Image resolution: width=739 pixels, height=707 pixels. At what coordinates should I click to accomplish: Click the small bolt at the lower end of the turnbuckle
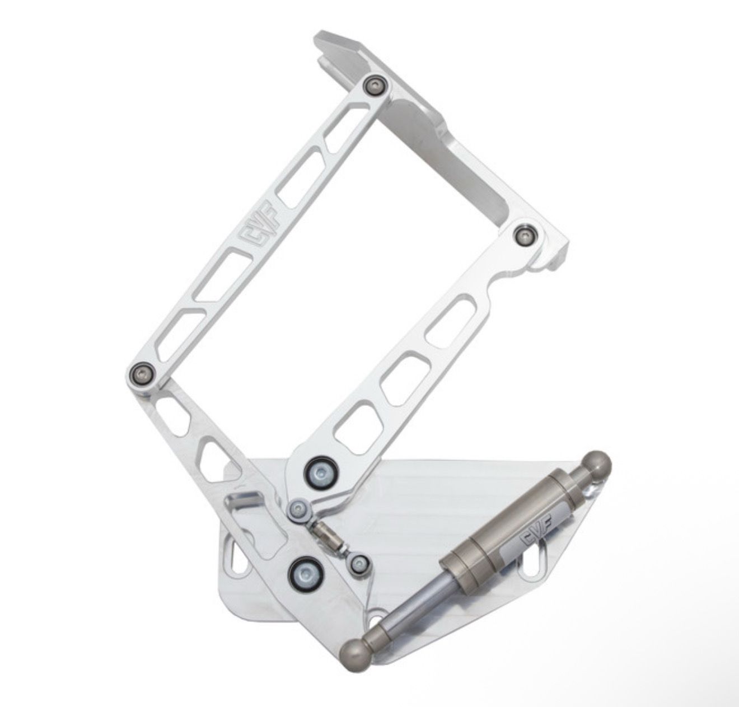(x=358, y=564)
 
